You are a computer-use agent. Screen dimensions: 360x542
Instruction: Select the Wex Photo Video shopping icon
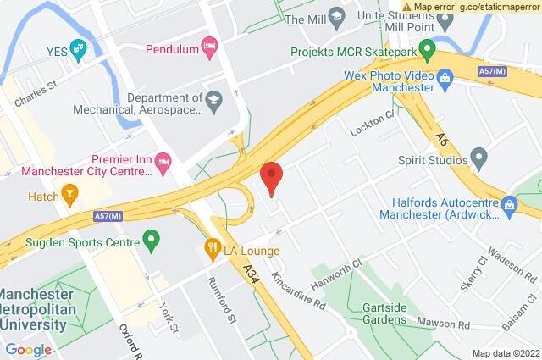tap(446, 80)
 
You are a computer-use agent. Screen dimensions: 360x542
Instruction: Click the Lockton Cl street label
tap(372, 129)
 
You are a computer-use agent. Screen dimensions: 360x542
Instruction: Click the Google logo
tap(29, 350)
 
